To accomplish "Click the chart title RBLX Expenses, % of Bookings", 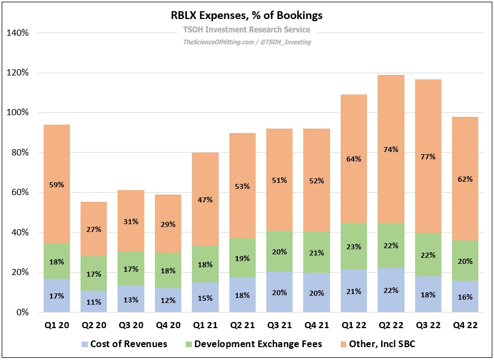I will coord(247,16).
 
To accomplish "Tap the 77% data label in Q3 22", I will coord(427,157).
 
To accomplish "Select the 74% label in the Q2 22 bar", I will coord(391,149).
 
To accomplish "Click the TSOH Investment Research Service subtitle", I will coord(247,30).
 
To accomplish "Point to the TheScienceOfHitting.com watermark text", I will coord(216,42).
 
